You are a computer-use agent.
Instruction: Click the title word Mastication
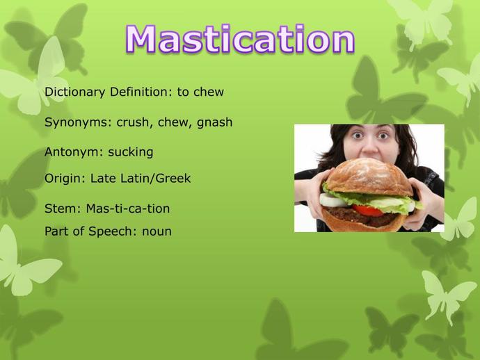pyautogui.click(x=240, y=40)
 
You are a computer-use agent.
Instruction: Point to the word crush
pyautogui.click(x=134, y=122)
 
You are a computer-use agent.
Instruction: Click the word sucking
pyautogui.click(x=130, y=152)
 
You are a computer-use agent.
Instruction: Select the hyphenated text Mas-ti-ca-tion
pyautogui.click(x=128, y=208)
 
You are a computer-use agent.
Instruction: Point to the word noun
pyautogui.click(x=157, y=231)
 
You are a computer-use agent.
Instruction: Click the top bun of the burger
pyautogui.click(x=369, y=177)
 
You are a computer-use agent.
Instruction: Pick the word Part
pyautogui.click(x=57, y=231)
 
